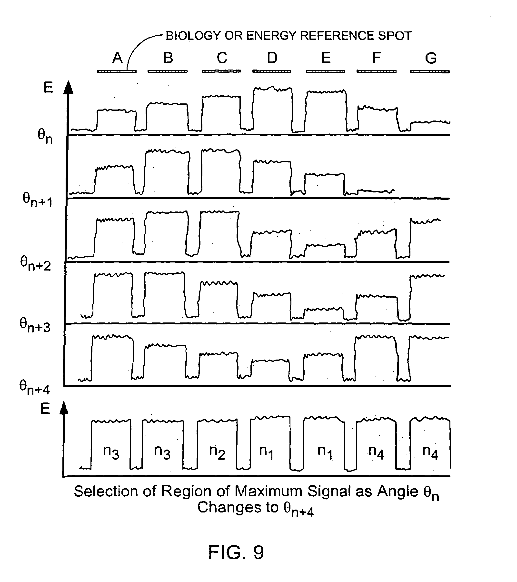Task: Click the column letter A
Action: (x=117, y=58)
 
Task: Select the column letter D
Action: (x=272, y=58)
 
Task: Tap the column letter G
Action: (x=431, y=58)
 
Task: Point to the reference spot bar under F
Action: (x=376, y=71)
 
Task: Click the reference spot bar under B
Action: (x=167, y=71)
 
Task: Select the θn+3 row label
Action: (x=35, y=325)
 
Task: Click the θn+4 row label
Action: (x=34, y=388)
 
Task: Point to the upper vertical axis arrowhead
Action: (x=68, y=87)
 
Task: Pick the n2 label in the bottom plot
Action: (x=217, y=452)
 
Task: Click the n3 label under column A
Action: (x=111, y=452)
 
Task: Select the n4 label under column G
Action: (x=430, y=452)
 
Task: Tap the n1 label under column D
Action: (x=266, y=452)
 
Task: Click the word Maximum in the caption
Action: (x=268, y=491)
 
